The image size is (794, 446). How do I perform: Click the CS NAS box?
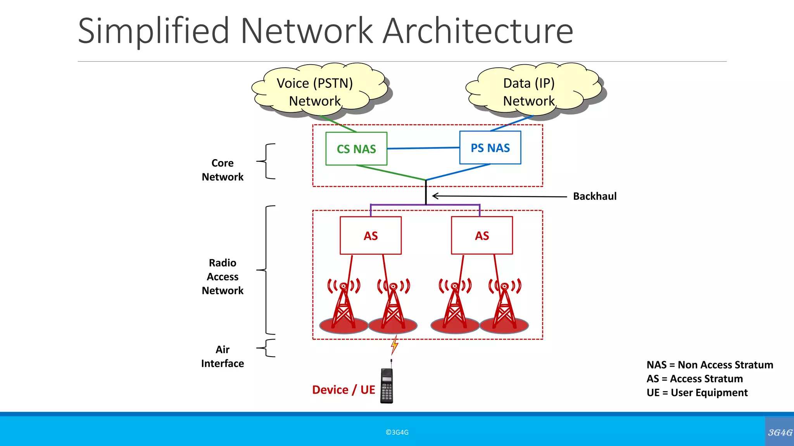click(356, 149)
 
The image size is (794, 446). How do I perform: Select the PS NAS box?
click(490, 148)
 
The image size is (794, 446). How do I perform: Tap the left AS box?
click(371, 235)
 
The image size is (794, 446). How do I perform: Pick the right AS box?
click(482, 235)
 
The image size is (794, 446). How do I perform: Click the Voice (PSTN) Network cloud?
click(315, 92)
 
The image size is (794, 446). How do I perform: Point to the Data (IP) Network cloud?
click(529, 92)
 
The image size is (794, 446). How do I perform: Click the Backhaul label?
click(595, 196)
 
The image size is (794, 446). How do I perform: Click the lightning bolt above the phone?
click(394, 345)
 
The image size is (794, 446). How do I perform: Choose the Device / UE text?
click(343, 390)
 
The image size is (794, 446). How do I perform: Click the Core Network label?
click(223, 170)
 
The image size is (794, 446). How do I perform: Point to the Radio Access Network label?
click(223, 277)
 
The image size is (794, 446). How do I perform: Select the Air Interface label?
click(223, 357)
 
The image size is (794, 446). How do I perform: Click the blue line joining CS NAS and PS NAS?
click(423, 148)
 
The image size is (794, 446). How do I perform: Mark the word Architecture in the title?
click(478, 31)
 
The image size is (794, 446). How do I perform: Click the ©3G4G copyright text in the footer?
click(397, 432)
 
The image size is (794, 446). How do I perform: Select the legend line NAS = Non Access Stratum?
click(709, 365)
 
